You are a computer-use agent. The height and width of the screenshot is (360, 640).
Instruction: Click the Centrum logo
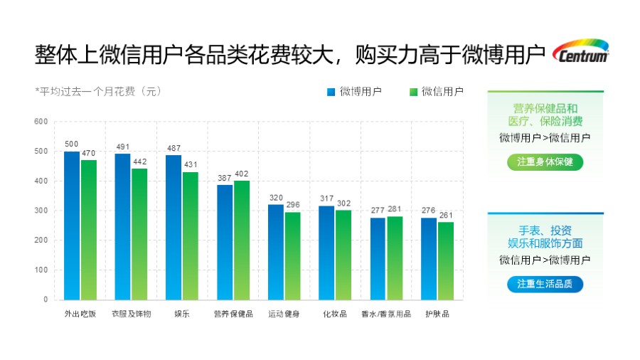pyautogui.click(x=580, y=52)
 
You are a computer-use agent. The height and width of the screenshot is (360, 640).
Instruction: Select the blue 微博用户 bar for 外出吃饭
pyautogui.click(x=72, y=225)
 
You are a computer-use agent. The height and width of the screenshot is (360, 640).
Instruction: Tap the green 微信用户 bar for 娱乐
pyautogui.click(x=191, y=235)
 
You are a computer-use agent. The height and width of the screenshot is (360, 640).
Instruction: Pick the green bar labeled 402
pyautogui.click(x=242, y=240)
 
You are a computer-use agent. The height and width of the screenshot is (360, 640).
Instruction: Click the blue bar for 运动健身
pyautogui.click(x=276, y=252)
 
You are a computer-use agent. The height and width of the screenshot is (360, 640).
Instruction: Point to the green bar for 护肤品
pyautogui.click(x=446, y=260)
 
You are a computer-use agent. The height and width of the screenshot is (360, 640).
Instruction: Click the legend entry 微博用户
pyautogui.click(x=355, y=91)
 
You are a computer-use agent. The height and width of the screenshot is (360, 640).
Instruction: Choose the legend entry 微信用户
pyautogui.click(x=437, y=91)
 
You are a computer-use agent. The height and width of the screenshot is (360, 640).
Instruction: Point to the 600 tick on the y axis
pyautogui.click(x=41, y=122)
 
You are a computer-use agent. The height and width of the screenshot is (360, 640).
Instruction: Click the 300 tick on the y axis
pyautogui.click(x=41, y=211)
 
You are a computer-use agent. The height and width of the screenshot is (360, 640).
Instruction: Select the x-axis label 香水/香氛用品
pyautogui.click(x=386, y=314)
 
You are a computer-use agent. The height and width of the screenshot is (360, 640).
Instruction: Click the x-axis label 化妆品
pyautogui.click(x=335, y=314)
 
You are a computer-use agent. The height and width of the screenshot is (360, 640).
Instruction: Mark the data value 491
pyautogui.click(x=123, y=147)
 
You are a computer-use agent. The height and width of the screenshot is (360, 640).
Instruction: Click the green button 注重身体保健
pyautogui.click(x=545, y=162)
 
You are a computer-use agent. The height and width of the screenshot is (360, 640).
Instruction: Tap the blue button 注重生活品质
pyautogui.click(x=545, y=284)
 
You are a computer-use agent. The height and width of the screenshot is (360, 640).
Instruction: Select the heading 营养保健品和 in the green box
pyautogui.click(x=545, y=108)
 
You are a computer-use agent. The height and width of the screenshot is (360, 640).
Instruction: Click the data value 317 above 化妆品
pyautogui.click(x=327, y=198)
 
